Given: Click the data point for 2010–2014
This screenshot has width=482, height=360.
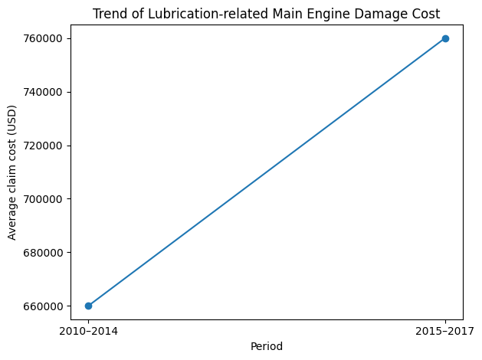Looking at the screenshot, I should click(88, 306).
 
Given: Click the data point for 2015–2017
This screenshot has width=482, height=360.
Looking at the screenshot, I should click(445, 38).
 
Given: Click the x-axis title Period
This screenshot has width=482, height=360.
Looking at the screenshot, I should click(267, 346).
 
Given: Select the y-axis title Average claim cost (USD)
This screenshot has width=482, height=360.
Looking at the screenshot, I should click(12, 178).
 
